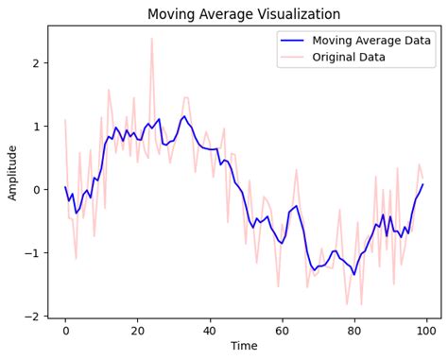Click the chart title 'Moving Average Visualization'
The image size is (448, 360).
pyautogui.click(x=244, y=14)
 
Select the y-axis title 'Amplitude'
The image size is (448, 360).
pyautogui.click(x=12, y=172)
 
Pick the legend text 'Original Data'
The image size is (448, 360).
pyautogui.click(x=351, y=57)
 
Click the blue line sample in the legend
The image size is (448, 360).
pyautogui.click(x=292, y=41)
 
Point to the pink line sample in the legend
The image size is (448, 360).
pyautogui.click(x=292, y=58)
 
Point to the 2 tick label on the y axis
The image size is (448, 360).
pyautogui.click(x=36, y=63)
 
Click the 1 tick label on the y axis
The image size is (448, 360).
pyautogui.click(x=36, y=127)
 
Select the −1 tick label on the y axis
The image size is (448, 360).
pyautogui.click(x=32, y=253)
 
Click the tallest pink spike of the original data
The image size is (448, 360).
pyautogui.click(x=151, y=40)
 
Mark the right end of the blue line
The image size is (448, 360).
pyautogui.click(x=422, y=184)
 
